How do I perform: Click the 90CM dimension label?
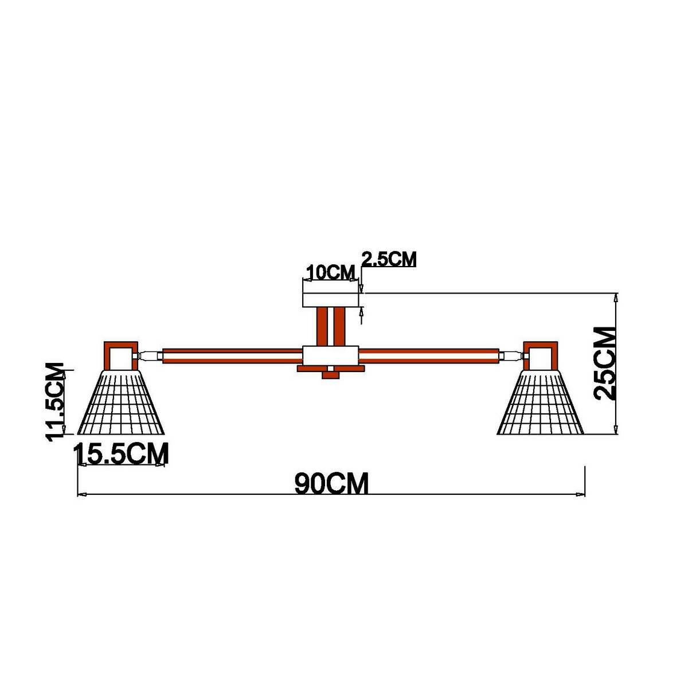[x=331, y=483]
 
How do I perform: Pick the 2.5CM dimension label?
[x=389, y=259]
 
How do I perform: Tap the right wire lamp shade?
[x=541, y=402]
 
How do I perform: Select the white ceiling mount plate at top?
[x=330, y=300]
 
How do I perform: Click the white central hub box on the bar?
[x=330, y=355]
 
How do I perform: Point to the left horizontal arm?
[x=232, y=355]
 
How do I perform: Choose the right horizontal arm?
[x=430, y=355]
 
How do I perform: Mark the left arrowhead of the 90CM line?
[x=81, y=494]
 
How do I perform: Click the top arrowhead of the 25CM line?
[x=616, y=297]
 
